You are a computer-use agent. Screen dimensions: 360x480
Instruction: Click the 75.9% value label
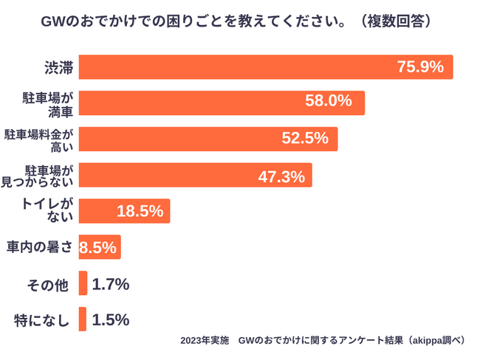(x=420, y=67)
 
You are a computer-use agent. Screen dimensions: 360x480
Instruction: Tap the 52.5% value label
(x=305, y=139)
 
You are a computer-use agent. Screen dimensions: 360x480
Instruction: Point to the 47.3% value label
(x=281, y=176)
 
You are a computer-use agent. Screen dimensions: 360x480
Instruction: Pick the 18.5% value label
(x=140, y=211)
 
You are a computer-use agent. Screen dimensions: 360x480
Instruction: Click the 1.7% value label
(x=111, y=284)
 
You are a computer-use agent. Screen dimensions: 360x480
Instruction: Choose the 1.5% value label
(x=111, y=319)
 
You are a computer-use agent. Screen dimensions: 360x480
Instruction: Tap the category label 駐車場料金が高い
(x=41, y=139)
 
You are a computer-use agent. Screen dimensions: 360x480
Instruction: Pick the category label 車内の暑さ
(x=40, y=247)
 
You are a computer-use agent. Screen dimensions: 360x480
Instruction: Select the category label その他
(x=50, y=285)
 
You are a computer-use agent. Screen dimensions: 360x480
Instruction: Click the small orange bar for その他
(x=83, y=283)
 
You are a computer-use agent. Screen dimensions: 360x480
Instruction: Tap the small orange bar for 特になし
(x=83, y=319)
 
